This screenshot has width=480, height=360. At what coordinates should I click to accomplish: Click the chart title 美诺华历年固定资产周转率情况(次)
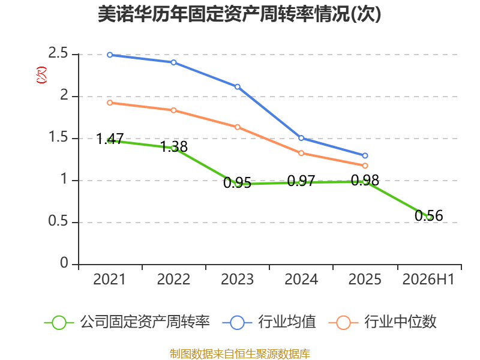coord(239,14)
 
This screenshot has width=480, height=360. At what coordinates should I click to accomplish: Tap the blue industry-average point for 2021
coord(110,55)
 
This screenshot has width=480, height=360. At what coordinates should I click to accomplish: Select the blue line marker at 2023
coord(238,87)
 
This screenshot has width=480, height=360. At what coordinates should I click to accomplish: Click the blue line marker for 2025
coord(365,156)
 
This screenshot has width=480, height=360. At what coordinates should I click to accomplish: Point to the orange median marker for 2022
coord(173,110)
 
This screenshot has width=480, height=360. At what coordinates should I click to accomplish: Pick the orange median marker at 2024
coord(301,153)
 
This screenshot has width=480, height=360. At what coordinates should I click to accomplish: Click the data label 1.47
coord(110,139)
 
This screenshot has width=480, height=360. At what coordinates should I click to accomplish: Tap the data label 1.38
coord(174,146)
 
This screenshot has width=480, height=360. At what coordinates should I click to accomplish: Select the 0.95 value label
coord(237,183)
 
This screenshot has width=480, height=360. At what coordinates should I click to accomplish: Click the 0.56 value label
coord(429,215)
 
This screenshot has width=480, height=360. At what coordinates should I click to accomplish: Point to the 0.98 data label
coord(365,181)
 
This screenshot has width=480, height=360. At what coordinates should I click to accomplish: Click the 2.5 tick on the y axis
coord(58,53)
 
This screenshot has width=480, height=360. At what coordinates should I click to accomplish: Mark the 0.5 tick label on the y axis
coord(58,221)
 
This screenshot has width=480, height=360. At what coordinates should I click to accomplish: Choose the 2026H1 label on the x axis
coord(428,279)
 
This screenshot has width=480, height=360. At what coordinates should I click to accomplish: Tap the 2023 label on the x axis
coord(237,279)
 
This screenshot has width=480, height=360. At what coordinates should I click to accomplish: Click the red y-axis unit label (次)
coord(41,75)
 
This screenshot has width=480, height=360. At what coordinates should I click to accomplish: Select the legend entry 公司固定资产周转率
coord(127,322)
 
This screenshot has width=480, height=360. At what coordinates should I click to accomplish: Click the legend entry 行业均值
coord(269,322)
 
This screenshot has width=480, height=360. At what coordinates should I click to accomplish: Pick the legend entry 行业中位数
coord(382,322)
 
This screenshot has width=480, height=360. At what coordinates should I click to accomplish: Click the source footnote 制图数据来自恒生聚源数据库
coord(240,354)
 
